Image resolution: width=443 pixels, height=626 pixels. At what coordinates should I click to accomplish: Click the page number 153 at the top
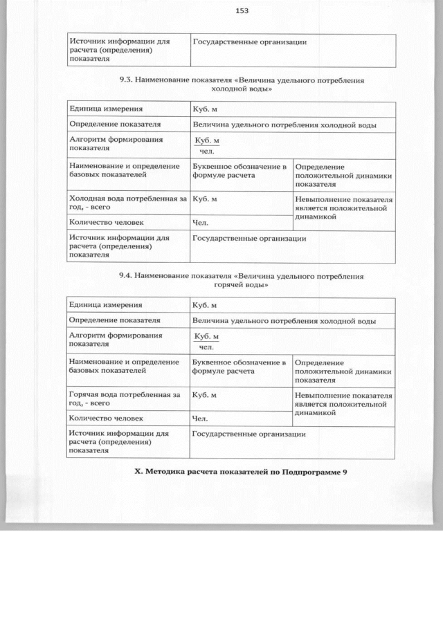[x=242, y=11]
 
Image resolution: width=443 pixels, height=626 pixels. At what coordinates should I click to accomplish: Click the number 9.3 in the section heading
[x=126, y=80]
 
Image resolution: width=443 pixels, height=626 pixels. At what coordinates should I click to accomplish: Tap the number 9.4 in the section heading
[x=126, y=275]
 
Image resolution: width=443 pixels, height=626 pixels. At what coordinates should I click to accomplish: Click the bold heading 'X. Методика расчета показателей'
[x=240, y=471]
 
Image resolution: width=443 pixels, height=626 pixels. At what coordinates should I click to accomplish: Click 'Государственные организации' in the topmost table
[x=249, y=42]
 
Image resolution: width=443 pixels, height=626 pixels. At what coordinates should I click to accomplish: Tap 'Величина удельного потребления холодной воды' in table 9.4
[x=284, y=321]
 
